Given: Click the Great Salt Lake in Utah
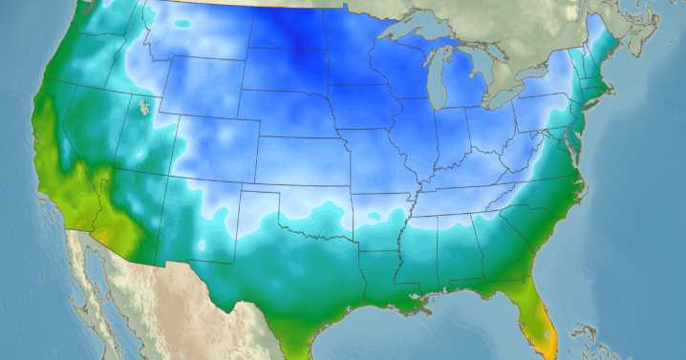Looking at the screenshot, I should point(144,106).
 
